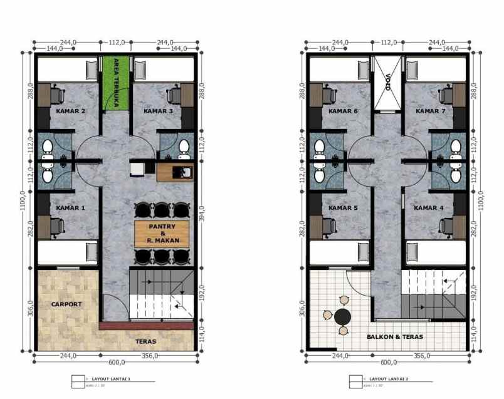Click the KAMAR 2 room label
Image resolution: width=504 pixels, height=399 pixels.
pyautogui.click(x=70, y=111)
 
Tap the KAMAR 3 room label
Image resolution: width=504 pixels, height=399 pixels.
pyautogui.click(x=159, y=111)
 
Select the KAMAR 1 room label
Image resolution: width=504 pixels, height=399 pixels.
pyautogui.click(x=70, y=207)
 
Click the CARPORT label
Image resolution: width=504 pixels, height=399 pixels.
pyautogui.click(x=66, y=304)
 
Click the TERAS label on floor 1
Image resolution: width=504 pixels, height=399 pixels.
pyautogui.click(x=145, y=341)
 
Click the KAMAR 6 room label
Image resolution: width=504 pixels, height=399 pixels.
pyautogui.click(x=343, y=111)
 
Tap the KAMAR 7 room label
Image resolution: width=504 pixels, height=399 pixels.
pyautogui.click(x=430, y=111)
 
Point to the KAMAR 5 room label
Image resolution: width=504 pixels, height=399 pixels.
pyautogui.click(x=343, y=207)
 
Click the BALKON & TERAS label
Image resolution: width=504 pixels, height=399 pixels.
pyautogui.click(x=395, y=337)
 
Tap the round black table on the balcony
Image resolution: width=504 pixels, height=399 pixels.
pyautogui.click(x=342, y=316)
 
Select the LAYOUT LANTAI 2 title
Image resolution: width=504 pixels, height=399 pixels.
pyautogui.click(x=389, y=379)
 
